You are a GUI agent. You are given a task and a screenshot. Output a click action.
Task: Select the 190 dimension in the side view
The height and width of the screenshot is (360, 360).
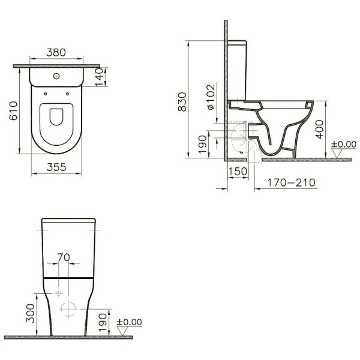[x=203, y=142]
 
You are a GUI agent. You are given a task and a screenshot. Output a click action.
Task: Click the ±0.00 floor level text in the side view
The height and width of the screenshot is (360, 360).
[x=345, y=145]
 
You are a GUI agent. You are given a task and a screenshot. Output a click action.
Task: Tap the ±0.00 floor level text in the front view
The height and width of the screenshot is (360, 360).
[x=129, y=322]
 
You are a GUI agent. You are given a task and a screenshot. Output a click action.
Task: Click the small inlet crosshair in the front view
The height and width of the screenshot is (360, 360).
[x=58, y=293]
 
